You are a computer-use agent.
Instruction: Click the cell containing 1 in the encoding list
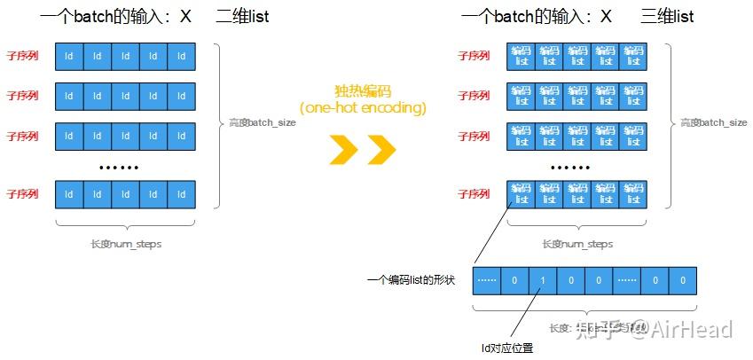point(543,280)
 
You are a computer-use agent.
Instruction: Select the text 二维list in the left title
point(242,17)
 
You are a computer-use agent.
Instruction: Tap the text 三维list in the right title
point(667,17)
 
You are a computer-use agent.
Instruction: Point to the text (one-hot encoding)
point(363,108)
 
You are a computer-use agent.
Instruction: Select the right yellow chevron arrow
point(381,149)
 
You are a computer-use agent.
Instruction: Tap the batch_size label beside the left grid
point(263,122)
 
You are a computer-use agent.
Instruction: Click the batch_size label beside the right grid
point(714,122)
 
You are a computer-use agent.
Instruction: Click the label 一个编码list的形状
point(411,280)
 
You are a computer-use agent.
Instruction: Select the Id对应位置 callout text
point(507,348)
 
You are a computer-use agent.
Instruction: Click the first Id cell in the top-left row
point(68,57)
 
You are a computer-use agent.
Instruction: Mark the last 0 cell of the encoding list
point(682,280)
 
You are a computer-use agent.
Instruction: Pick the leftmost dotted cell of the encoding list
point(487,280)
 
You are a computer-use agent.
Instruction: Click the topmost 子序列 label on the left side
point(22,56)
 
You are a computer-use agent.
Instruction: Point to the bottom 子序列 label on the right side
point(474,193)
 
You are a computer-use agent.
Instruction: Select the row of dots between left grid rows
point(118,168)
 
